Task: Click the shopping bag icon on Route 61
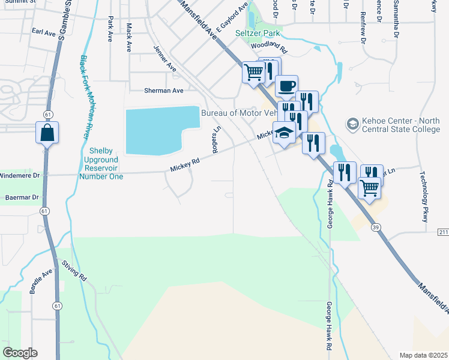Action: pos(47,131)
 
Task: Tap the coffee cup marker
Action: pos(286,86)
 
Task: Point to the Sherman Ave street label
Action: pos(163,91)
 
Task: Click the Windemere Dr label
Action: pos(19,175)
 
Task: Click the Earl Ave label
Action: pos(44,32)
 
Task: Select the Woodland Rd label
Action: pos(270,45)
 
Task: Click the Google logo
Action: pos(20,353)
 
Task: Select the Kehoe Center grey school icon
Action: pos(352,125)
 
